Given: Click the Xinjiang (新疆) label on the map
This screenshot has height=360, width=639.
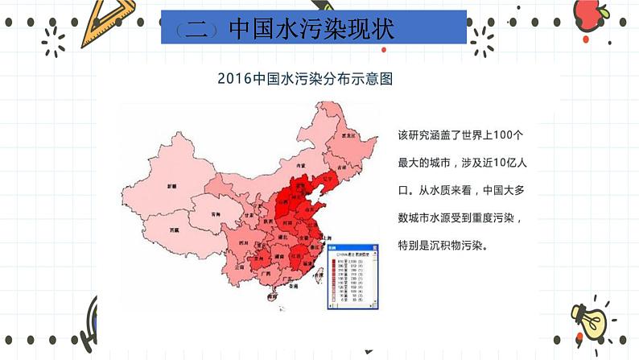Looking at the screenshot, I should click(171, 185).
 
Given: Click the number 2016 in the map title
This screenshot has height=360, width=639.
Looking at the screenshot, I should click(235, 80).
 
